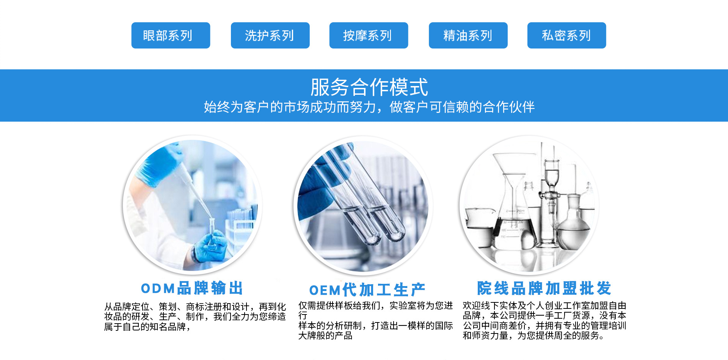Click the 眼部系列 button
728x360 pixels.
[x=171, y=35]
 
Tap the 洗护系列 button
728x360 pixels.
[x=270, y=35]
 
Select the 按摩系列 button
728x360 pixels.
[x=369, y=35]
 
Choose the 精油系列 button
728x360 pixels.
[x=468, y=35]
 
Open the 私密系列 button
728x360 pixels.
[x=566, y=35]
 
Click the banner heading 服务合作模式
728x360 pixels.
[x=369, y=87]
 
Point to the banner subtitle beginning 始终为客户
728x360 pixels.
[x=369, y=107]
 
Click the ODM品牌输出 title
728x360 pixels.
[x=192, y=288]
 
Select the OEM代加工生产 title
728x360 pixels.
[x=367, y=290]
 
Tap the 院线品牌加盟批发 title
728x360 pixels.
[x=544, y=288]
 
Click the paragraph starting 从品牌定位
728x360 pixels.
[x=195, y=316]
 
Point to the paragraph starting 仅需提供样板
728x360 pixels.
[x=375, y=321]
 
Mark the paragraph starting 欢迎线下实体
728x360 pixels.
[x=544, y=321]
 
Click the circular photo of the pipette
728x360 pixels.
[x=192, y=205]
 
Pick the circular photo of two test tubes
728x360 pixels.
[x=363, y=206]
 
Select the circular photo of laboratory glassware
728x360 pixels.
[x=529, y=205]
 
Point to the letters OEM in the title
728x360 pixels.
[x=325, y=291]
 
